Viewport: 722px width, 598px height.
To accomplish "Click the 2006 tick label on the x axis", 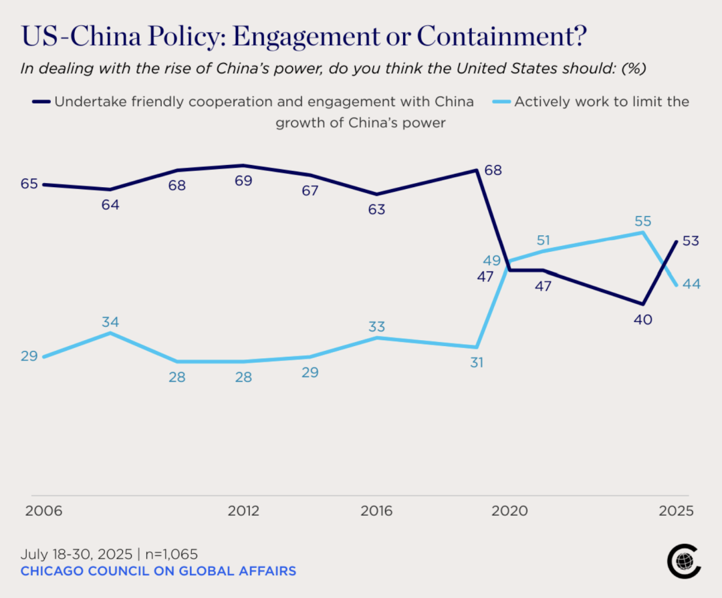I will pos(43,511).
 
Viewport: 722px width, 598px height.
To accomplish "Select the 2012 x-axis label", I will pos(243,511).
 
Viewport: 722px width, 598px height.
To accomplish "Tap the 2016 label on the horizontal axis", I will pos(376,511).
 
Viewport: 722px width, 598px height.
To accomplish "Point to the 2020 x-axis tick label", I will pos(510,511).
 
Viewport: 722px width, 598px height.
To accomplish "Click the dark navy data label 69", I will pos(243,181).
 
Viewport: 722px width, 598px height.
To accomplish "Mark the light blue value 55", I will pos(643,221).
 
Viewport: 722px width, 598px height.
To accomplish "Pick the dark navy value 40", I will pos(643,319).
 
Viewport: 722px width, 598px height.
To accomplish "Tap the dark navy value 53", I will pos(691,241).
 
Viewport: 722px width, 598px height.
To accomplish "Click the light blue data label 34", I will pos(110,321).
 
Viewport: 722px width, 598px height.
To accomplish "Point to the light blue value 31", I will pos(476,363).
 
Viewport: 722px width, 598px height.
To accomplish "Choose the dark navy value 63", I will pos(376,209).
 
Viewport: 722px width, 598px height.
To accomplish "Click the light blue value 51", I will pos(543,240).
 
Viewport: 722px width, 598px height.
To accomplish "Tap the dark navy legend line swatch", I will pos(41,102).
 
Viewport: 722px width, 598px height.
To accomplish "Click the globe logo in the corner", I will pos(683,561).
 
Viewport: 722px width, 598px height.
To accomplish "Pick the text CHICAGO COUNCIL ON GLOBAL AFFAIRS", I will pos(158,571).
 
